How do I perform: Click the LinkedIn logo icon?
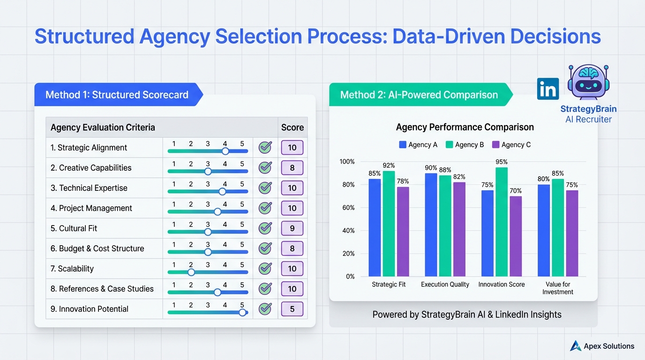tap(547, 89)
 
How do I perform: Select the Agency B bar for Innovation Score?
tap(502, 222)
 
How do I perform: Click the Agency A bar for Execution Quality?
tap(431, 225)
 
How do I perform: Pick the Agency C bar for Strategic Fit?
tap(403, 231)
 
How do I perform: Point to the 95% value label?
tap(502, 162)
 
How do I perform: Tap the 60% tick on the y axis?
tap(347, 208)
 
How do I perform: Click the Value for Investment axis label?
tap(557, 288)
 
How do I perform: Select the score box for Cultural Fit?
tap(292, 228)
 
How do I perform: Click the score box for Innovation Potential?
tap(292, 309)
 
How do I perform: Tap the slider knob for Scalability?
tap(191, 272)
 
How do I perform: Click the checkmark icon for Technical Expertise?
tap(265, 188)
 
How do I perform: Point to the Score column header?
tap(292, 127)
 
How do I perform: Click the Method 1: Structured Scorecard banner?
tap(117, 95)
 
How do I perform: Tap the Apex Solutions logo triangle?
tap(575, 346)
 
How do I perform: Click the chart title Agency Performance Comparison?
tap(465, 127)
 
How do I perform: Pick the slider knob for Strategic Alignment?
tap(225, 151)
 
